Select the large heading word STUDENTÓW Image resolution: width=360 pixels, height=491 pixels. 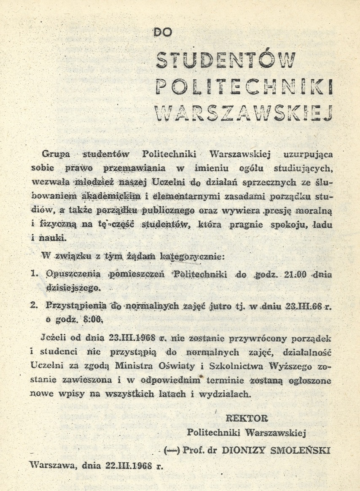point(226,59)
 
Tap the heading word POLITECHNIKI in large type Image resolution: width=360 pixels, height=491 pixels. point(243,85)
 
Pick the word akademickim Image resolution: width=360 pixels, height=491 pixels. point(107,196)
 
